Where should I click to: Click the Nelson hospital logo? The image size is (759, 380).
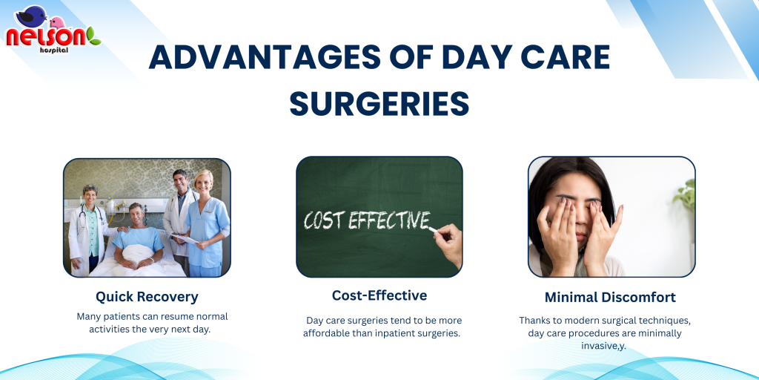53,30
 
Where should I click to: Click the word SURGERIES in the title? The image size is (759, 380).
379,103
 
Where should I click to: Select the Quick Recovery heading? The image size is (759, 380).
147,297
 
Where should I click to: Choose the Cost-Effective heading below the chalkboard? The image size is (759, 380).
379,295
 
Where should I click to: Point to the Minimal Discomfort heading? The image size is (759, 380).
610,297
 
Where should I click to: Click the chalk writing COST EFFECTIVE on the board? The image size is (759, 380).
366,220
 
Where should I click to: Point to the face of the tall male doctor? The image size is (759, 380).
180,181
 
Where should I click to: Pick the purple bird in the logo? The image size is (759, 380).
31,16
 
